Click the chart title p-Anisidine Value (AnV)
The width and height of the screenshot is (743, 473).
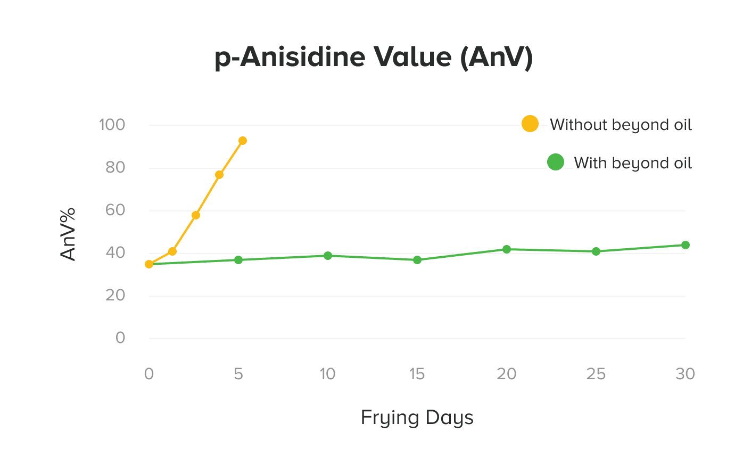[374, 57]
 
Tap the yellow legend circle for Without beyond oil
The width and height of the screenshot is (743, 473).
[530, 124]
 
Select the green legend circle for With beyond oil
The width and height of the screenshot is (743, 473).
[556, 162]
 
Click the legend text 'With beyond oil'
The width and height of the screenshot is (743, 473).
[633, 163]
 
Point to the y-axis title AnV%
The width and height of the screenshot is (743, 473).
[68, 234]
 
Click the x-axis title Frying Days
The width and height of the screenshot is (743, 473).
[417, 418]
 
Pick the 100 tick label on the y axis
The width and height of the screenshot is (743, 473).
[112, 125]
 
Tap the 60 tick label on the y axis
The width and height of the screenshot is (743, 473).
[115, 210]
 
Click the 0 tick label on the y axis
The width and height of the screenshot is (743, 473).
[120, 338]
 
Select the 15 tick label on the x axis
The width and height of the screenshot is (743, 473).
[417, 374]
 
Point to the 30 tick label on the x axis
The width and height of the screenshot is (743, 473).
[685, 374]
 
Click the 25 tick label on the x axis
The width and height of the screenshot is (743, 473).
[596, 374]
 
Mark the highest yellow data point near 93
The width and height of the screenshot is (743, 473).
[243, 141]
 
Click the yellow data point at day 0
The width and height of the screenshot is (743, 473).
[149, 264]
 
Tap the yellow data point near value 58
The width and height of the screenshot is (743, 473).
[196, 215]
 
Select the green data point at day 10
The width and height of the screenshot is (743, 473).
[328, 256]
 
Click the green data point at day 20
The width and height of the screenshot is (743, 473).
[507, 249]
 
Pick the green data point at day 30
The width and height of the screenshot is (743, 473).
[686, 245]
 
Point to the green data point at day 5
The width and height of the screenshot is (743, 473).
[238, 260]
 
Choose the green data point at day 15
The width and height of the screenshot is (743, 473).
[417, 260]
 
